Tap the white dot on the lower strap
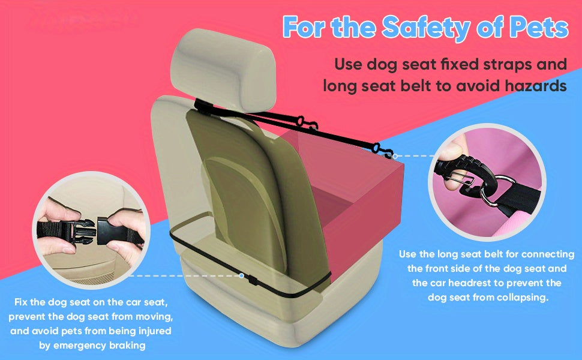[241, 276]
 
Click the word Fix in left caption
[23, 301]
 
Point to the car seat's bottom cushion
[240, 312]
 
